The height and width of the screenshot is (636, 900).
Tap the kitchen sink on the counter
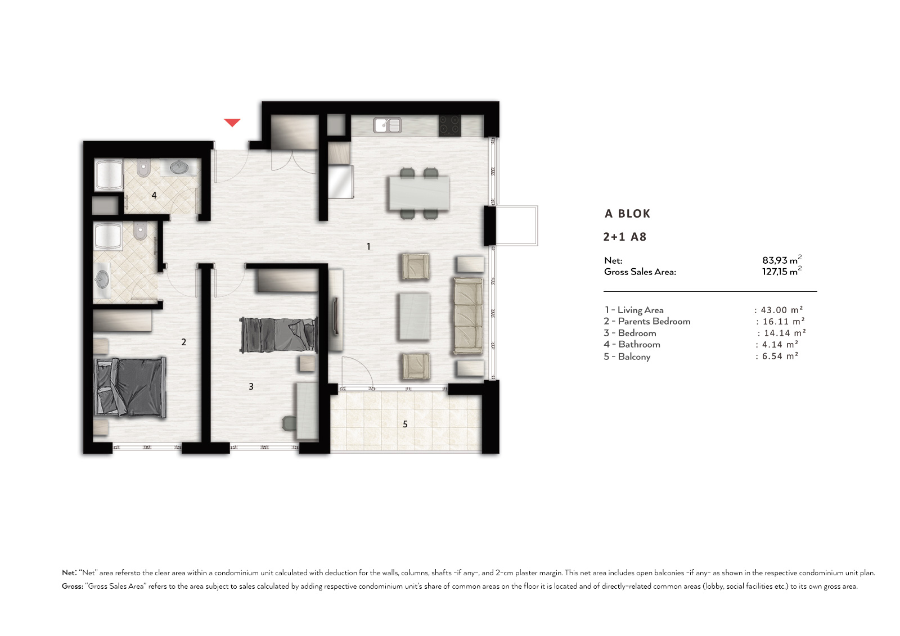(388, 125)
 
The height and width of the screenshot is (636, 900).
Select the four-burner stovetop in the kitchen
(449, 125)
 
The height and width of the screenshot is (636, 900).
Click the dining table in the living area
(419, 193)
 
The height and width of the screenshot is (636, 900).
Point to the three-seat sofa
(469, 316)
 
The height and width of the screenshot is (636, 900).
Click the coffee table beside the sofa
(414, 316)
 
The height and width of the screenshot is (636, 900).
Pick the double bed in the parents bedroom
(130, 387)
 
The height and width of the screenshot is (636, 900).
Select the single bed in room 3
(278, 335)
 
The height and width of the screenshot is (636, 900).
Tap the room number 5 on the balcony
(406, 424)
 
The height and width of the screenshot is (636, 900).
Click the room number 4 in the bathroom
(154, 195)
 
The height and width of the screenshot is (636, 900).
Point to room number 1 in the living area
(368, 246)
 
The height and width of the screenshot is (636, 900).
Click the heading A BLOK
(627, 213)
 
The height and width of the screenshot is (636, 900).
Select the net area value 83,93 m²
(782, 260)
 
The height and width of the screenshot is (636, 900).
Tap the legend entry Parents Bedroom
(654, 322)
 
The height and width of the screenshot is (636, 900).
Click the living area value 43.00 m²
(781, 310)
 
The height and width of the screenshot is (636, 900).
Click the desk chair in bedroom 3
(289, 423)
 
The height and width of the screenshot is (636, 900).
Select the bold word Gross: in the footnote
(72, 586)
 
